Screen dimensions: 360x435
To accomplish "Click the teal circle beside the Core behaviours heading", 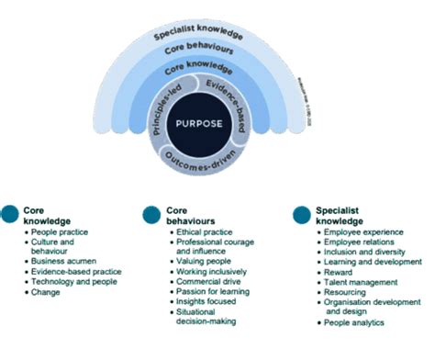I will tap(152, 215).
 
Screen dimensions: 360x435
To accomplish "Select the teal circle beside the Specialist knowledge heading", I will tap(300, 215).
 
